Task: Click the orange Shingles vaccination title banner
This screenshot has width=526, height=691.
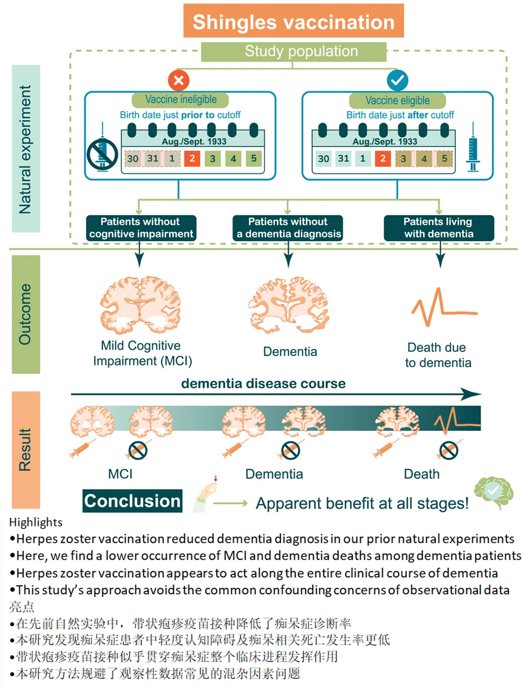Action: [293, 21]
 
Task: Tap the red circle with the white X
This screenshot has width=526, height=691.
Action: [179, 80]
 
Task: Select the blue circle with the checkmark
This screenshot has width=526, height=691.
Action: [397, 80]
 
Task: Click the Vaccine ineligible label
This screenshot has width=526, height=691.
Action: [180, 100]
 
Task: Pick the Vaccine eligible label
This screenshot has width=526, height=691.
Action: [397, 100]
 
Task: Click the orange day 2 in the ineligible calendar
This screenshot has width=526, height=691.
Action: [192, 158]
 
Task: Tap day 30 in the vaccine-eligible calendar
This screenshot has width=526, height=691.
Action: [324, 159]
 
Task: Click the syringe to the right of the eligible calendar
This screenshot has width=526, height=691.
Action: [473, 149]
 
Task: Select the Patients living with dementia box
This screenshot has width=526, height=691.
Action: [439, 228]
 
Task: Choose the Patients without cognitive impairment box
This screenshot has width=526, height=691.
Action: [141, 228]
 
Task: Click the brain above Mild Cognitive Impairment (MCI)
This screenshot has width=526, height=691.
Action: [140, 305]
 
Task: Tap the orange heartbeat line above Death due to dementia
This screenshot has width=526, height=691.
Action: [443, 307]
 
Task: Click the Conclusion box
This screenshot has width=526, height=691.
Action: [133, 501]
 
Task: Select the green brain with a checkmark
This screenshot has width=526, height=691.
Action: [494, 492]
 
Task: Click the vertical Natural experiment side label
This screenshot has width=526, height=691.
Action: [26, 149]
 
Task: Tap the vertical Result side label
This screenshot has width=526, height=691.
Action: [26, 449]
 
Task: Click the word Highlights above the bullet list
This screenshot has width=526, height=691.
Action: [36, 522]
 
